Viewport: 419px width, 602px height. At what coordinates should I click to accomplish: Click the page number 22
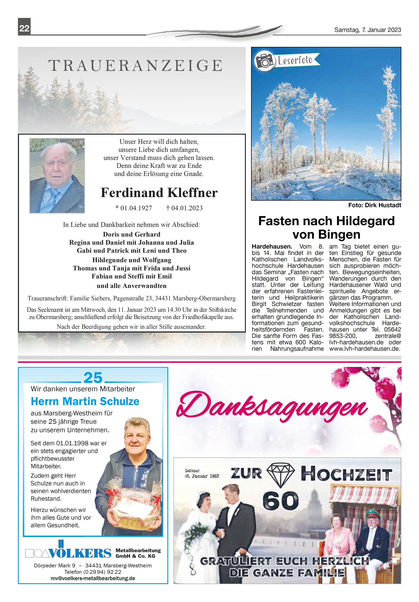24,28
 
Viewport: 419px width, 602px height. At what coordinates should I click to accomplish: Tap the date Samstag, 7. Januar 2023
367,30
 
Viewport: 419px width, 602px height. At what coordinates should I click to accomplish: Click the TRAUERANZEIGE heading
135,66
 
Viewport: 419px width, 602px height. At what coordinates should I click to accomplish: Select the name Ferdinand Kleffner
159,193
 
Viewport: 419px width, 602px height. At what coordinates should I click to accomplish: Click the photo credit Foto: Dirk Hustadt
374,205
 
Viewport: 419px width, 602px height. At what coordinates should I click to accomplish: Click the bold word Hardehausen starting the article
272,247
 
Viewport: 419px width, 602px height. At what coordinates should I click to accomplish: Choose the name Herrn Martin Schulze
85,401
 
